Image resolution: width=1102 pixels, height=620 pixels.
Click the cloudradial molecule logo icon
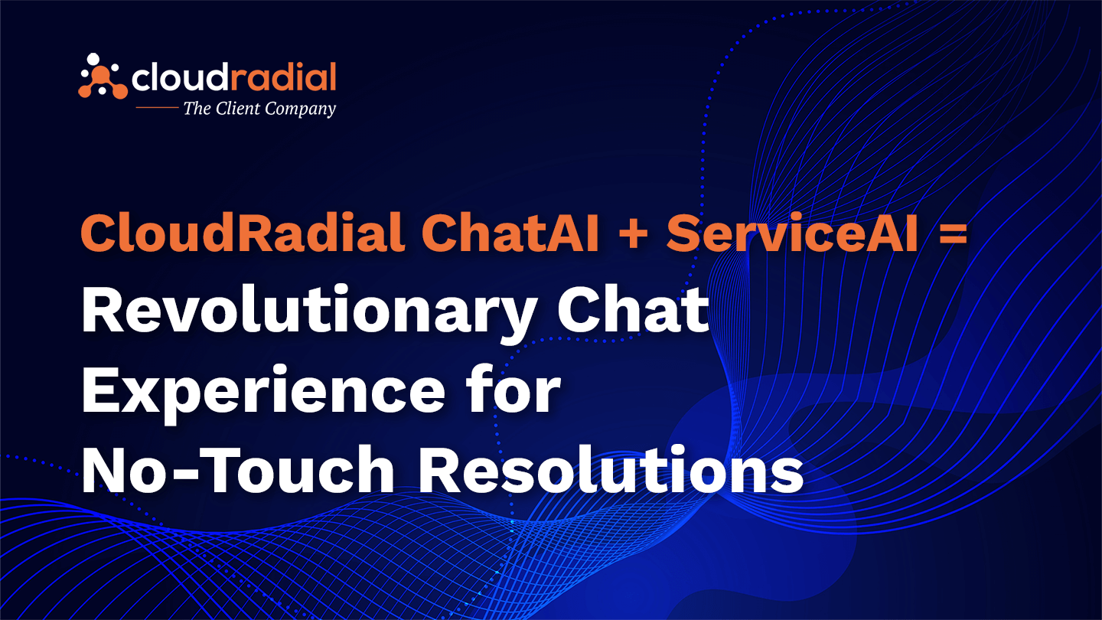click(x=103, y=76)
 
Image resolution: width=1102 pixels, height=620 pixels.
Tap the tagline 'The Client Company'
click(x=259, y=109)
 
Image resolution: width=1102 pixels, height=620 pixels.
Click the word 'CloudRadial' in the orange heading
click(x=243, y=234)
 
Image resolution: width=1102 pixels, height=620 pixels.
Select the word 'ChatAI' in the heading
click(x=509, y=234)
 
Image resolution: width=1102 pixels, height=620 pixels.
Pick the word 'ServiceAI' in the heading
click(x=792, y=234)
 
